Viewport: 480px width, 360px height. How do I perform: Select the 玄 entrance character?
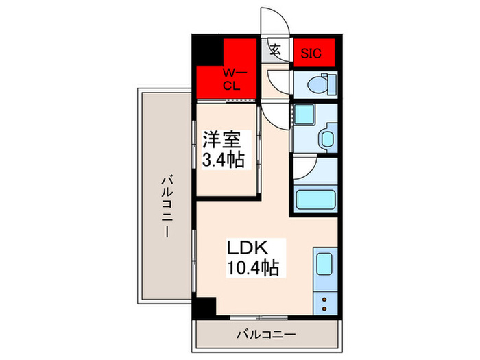(275, 49)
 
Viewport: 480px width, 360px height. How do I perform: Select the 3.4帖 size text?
(223, 163)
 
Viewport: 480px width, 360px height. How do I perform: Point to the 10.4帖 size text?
(253, 267)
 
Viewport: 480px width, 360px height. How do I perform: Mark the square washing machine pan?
(304, 115)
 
